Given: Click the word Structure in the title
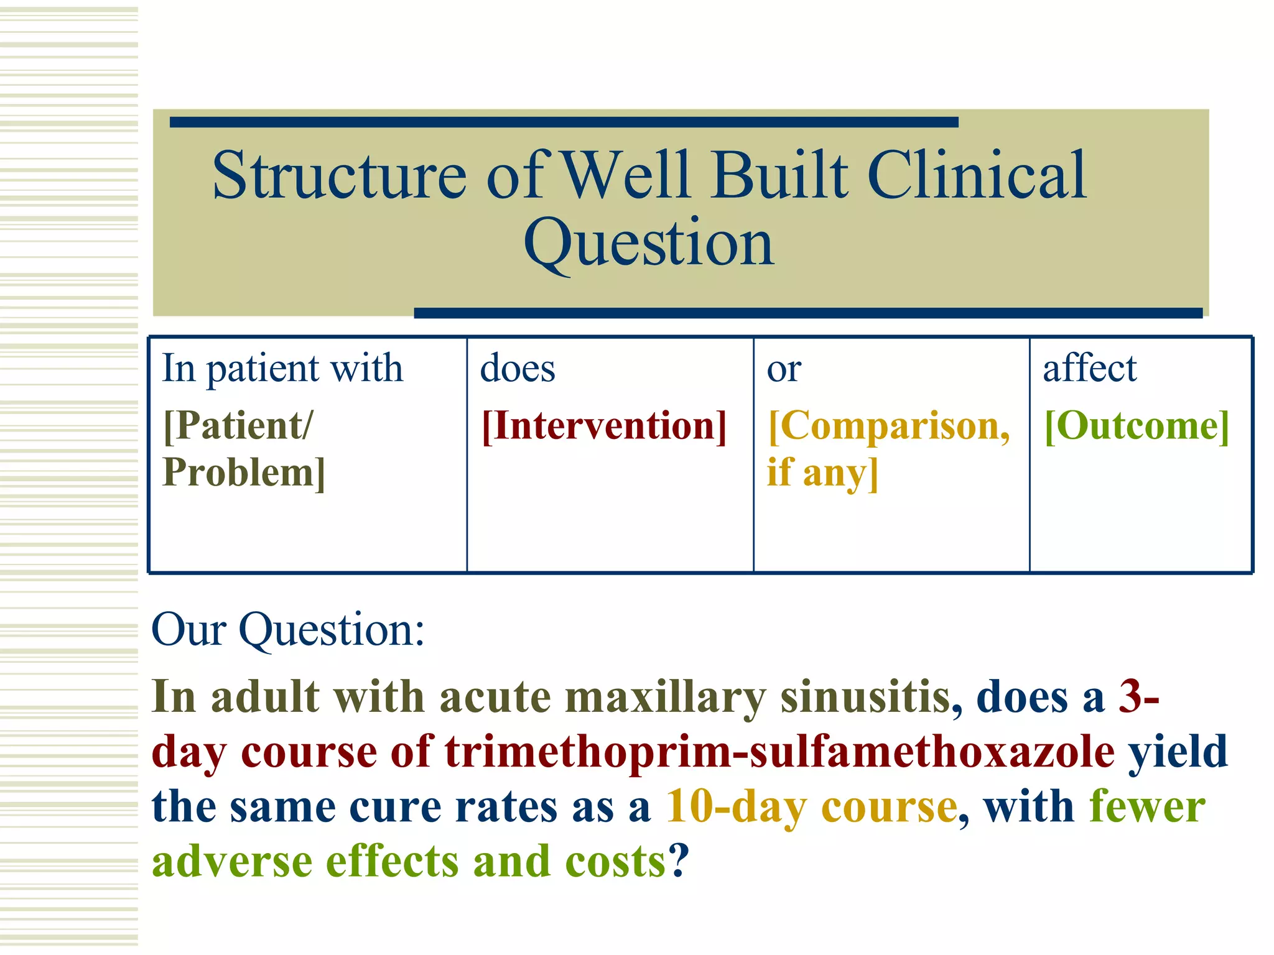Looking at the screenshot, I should coord(339,177).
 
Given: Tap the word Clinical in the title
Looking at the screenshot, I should coord(976,177).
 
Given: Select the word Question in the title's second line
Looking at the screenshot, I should coord(649,244).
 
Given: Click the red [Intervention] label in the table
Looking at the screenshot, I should coord(604,427).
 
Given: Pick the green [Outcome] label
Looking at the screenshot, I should coord(1137,427).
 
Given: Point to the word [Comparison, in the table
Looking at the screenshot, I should coord(889,427).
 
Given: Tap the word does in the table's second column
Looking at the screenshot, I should coord(517,368).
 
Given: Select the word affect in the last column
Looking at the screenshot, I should coord(1089,368).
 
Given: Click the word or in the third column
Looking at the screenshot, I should coord(784,369).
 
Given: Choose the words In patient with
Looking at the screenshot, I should coord(282,368).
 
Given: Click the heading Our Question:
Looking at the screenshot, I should coord(287,630).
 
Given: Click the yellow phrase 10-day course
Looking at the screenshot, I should coord(811,807).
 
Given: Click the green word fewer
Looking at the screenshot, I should coord(1147,807).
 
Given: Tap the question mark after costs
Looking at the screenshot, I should coord(679,861).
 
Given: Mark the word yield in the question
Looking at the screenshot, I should coord(1178,752).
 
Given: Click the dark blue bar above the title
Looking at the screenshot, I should coord(563,122).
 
